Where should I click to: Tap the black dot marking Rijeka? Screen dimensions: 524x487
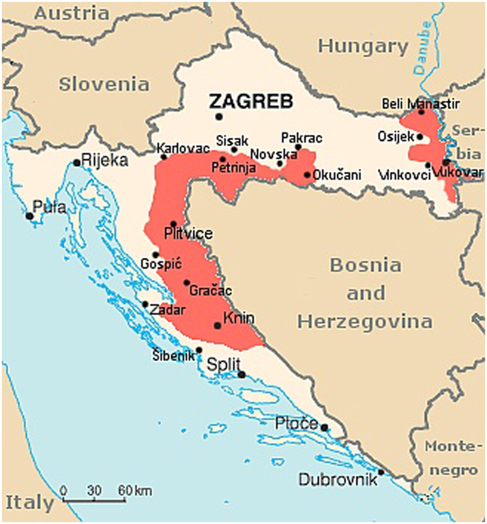click(76, 162)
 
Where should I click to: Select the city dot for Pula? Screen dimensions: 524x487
click(29, 216)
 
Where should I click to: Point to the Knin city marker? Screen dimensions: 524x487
click(218, 325)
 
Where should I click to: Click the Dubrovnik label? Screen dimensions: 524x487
click(338, 480)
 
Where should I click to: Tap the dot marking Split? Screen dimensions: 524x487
click(241, 375)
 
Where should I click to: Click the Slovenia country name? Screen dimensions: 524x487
click(104, 84)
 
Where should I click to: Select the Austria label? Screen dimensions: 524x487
click(72, 13)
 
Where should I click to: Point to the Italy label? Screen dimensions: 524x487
click(29, 504)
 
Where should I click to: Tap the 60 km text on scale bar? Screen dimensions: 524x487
click(134, 491)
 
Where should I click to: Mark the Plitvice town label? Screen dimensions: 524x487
click(188, 234)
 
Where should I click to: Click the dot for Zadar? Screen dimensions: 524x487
click(145, 304)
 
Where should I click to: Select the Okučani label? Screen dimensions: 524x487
click(338, 175)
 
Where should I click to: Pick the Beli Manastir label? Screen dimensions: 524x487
click(420, 104)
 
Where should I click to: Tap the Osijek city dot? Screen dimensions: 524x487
click(420, 136)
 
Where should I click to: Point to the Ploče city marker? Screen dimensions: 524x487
click(324, 428)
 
